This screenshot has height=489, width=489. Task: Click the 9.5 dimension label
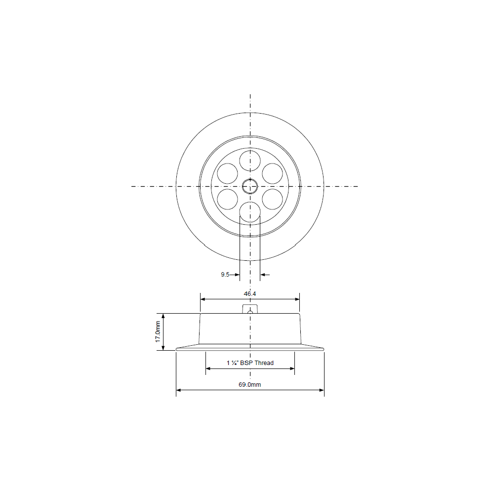point(225,275)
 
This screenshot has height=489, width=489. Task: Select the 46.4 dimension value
point(250,294)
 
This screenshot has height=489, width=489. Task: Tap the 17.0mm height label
point(158,331)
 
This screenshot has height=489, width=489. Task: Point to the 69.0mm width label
point(250,384)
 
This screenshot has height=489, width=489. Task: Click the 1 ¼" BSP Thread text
point(250,363)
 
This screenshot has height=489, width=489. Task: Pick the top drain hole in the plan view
point(250,161)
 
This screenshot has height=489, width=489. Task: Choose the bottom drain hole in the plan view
point(250,212)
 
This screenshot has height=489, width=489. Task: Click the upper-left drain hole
point(227,173)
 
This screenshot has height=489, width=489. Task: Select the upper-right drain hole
point(272,173)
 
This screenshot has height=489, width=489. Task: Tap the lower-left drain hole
point(227,199)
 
